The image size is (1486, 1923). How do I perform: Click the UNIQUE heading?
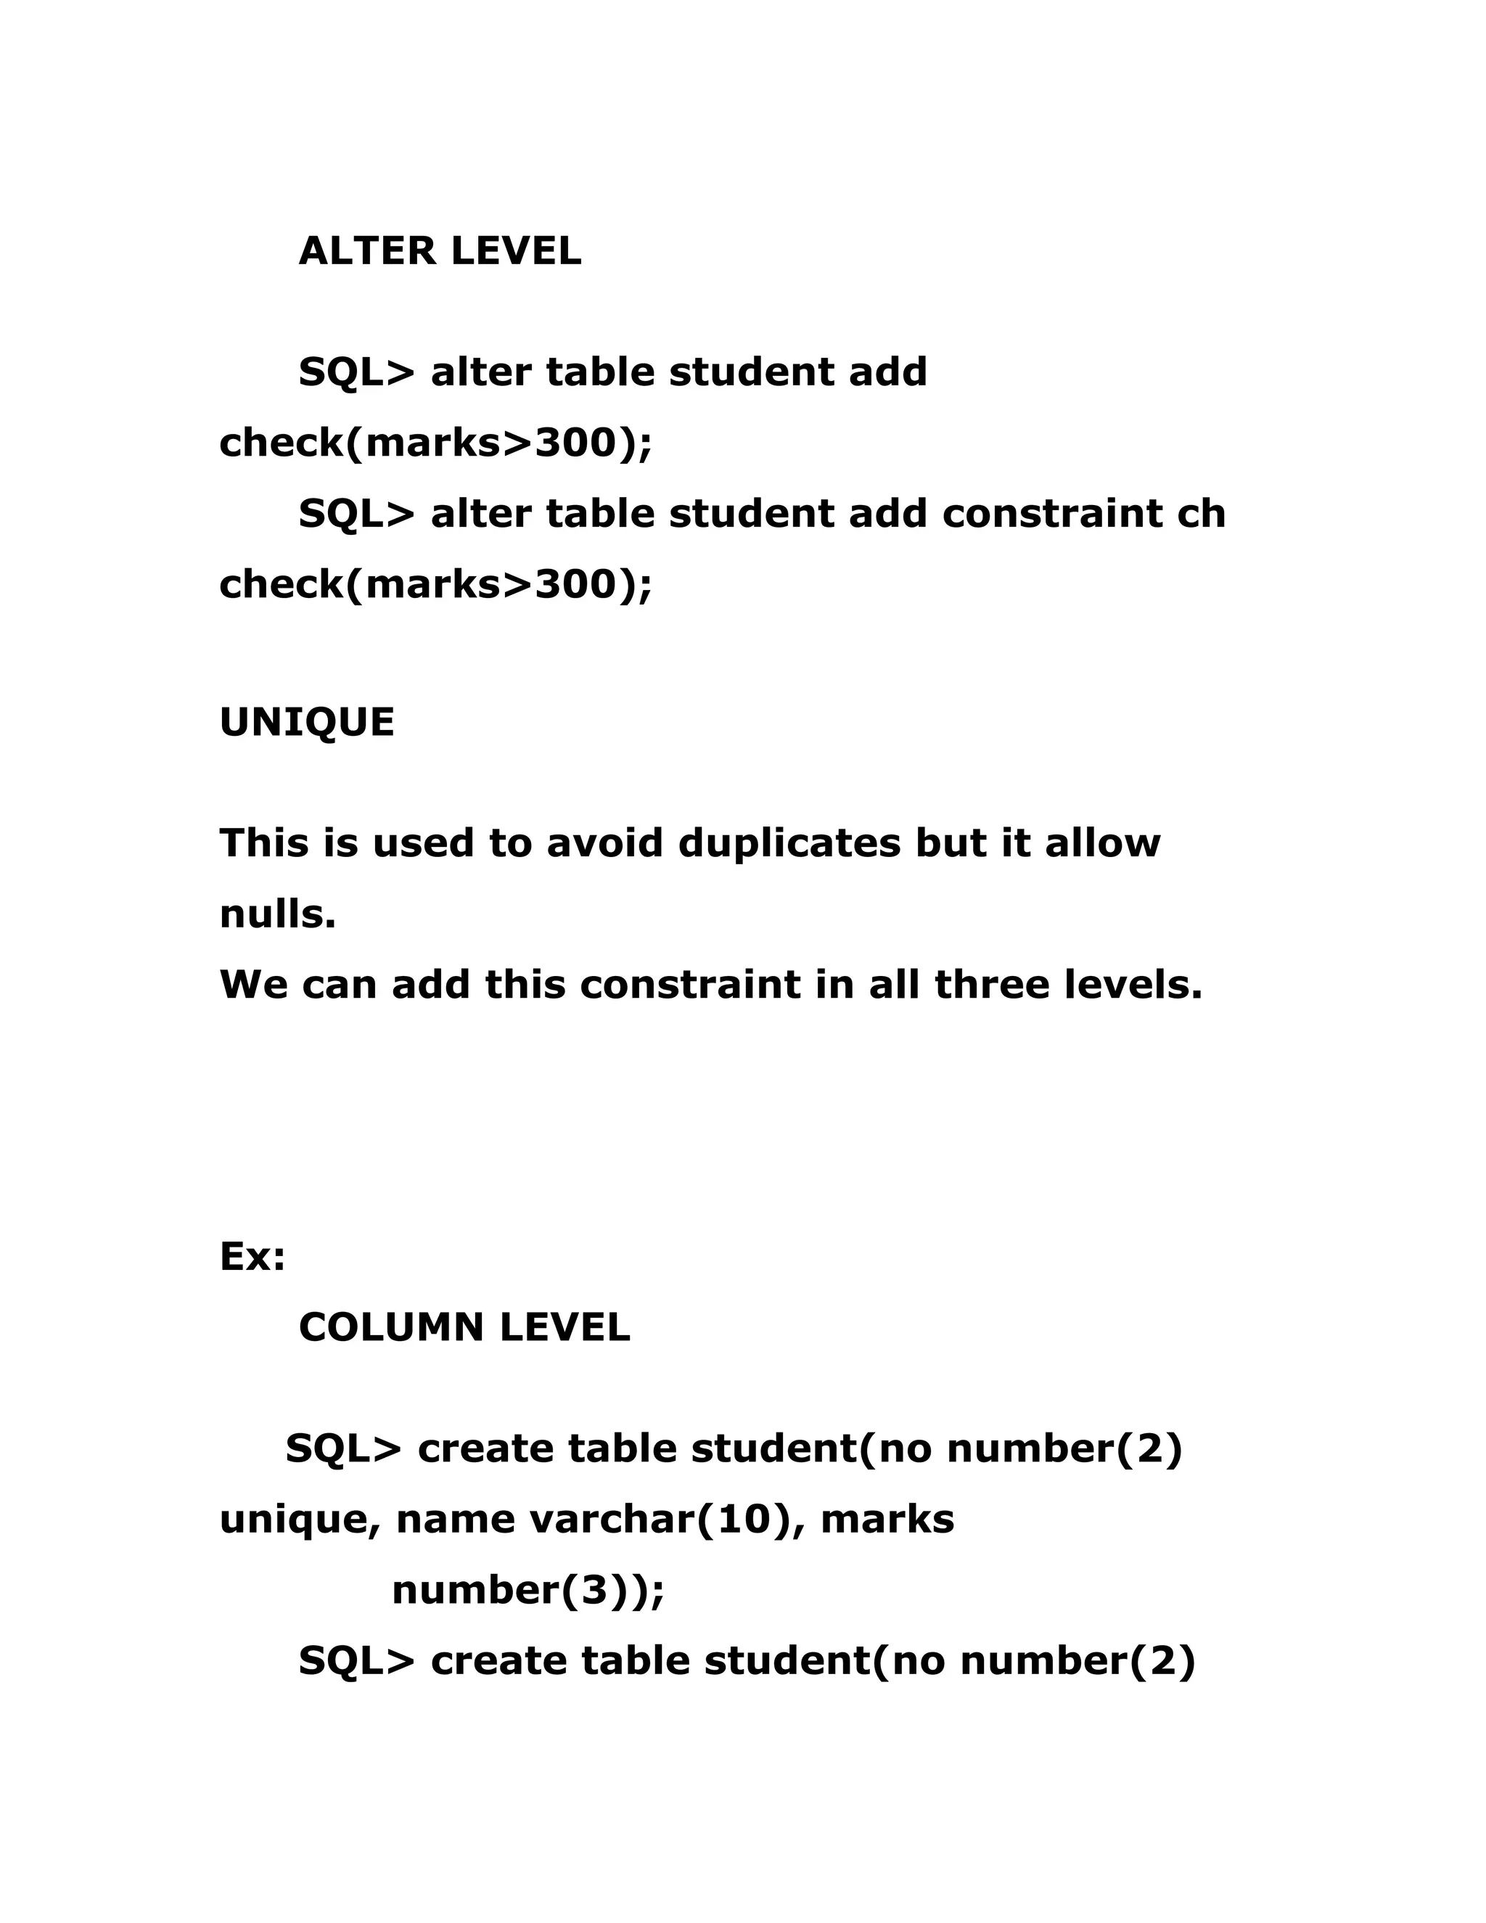[x=306, y=723]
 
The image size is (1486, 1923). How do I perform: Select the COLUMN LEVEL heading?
[x=464, y=1328]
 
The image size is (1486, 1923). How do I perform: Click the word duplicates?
[x=789, y=843]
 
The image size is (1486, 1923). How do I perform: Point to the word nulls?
[x=277, y=915]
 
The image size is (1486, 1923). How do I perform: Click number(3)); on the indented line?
[x=528, y=1590]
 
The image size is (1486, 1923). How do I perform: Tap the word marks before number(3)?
[x=887, y=1520]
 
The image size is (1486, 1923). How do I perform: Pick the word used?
[x=422, y=843]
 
